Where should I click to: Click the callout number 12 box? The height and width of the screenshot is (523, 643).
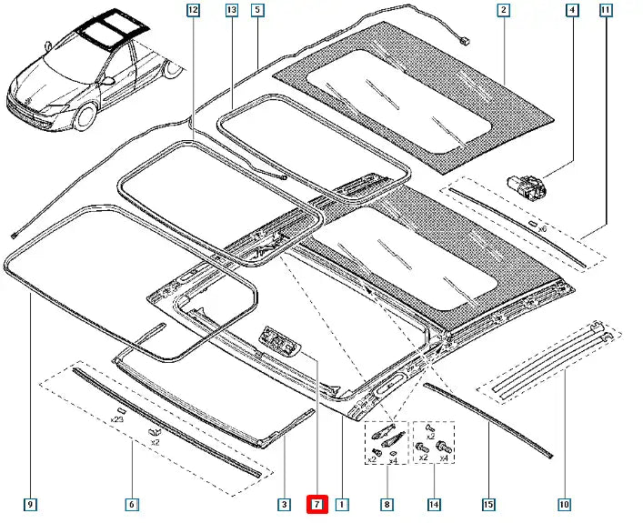pos(192,10)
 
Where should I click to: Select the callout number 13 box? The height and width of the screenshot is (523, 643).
pos(231,10)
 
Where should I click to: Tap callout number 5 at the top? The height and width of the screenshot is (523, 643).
pos(258,10)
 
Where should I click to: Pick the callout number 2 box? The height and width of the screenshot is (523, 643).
pos(502,10)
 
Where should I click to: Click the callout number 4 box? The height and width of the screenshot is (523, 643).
pos(572,10)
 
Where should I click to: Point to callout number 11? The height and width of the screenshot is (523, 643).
pos(606,10)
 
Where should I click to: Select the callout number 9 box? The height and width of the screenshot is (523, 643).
pos(31,504)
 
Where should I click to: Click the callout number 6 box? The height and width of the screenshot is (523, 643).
pos(132,504)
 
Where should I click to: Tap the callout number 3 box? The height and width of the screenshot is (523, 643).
pos(284,504)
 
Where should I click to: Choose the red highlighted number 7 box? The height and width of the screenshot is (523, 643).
pos(316,504)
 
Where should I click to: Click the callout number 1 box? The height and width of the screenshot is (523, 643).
pos(342,504)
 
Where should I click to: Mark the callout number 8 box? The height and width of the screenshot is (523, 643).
pos(387,504)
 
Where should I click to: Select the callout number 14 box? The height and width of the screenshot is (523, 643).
pos(434,504)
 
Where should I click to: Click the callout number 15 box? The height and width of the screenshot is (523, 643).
pos(488,504)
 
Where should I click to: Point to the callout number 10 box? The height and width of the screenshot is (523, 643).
pos(564,504)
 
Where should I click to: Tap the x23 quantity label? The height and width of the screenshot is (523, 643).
pos(117,420)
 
